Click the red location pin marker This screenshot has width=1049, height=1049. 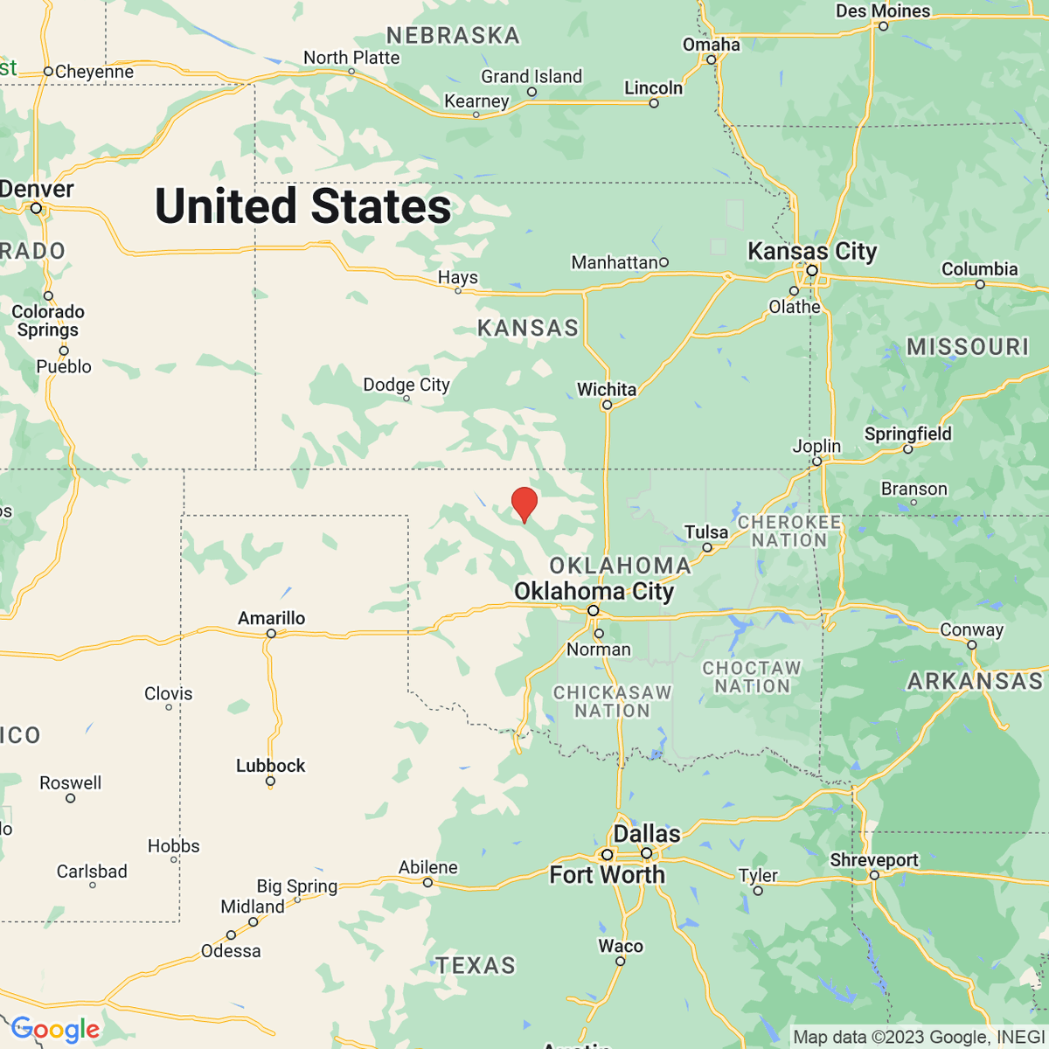pyautogui.click(x=524, y=504)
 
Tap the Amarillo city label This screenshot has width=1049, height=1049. pyautogui.click(x=271, y=618)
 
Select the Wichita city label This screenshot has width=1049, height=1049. pyautogui.click(x=606, y=389)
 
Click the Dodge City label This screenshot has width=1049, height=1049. pyautogui.click(x=406, y=385)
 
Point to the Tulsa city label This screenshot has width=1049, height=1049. pyautogui.click(x=705, y=531)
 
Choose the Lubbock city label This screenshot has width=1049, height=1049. pyautogui.click(x=270, y=766)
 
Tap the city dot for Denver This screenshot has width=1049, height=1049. pyautogui.click(x=37, y=208)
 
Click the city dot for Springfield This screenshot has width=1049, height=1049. pyautogui.click(x=907, y=449)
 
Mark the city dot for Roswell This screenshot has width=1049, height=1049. pyautogui.click(x=71, y=798)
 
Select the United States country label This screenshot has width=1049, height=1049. pyautogui.click(x=302, y=206)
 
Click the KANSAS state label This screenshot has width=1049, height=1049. pyautogui.click(x=528, y=328)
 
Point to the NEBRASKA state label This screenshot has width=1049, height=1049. pyautogui.click(x=453, y=36)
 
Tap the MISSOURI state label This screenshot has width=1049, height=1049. pyautogui.click(x=968, y=347)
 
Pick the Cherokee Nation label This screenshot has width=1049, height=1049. pyautogui.click(x=788, y=531)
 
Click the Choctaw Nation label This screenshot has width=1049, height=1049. pyautogui.click(x=752, y=677)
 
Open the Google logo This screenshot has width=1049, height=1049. pyautogui.click(x=54, y=1030)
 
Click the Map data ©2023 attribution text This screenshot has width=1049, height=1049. pyautogui.click(x=918, y=1038)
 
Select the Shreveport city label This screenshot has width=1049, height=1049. pyautogui.click(x=873, y=860)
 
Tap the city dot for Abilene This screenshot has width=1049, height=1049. pyautogui.click(x=427, y=883)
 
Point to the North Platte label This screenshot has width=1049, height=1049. pyautogui.click(x=351, y=58)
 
